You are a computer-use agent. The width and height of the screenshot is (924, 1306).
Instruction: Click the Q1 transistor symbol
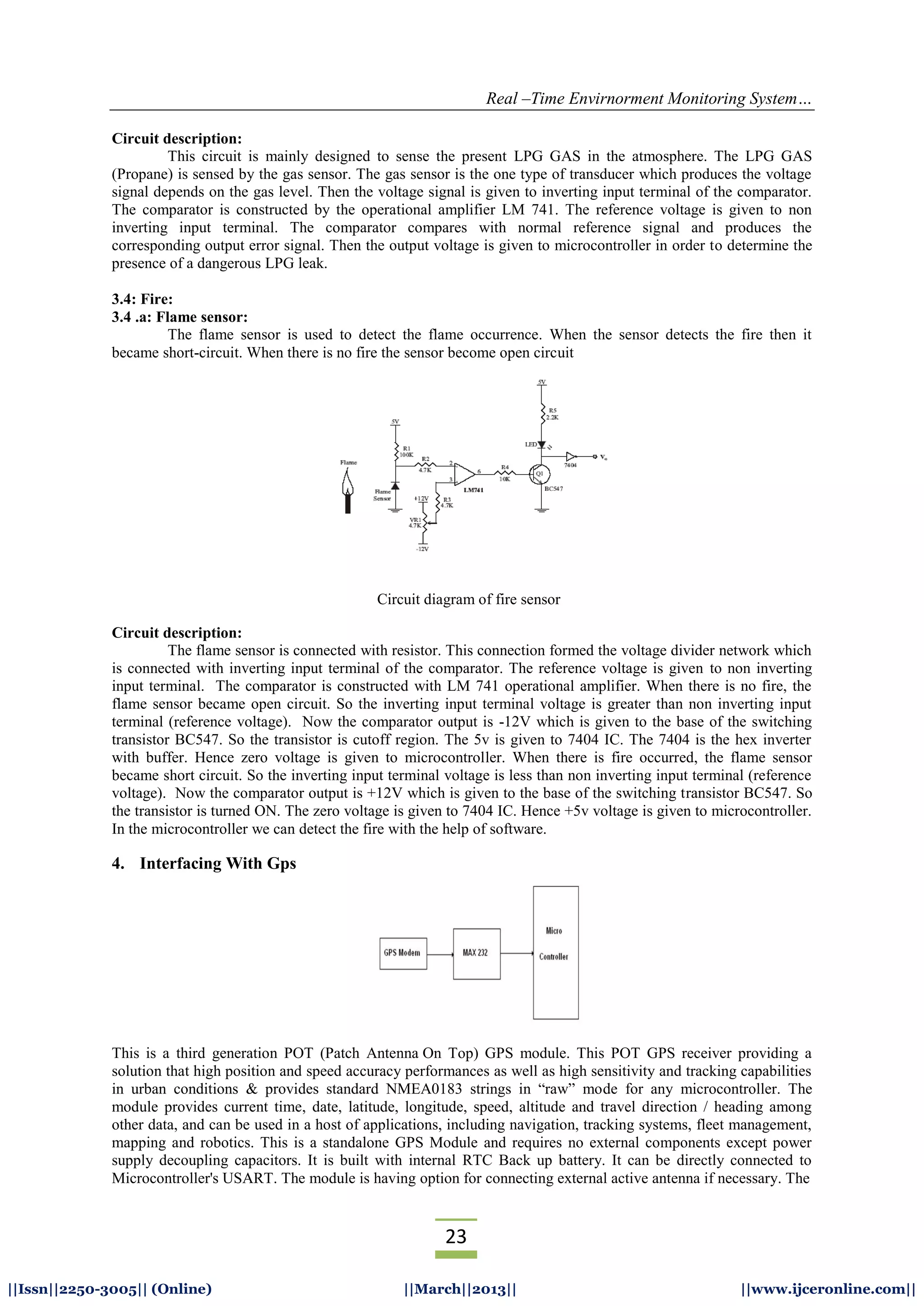pyautogui.click(x=538, y=473)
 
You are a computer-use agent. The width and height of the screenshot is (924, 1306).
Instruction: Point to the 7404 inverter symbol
pyautogui.click(x=571, y=456)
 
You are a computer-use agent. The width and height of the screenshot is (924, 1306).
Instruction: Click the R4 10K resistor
pyautogui.click(x=505, y=473)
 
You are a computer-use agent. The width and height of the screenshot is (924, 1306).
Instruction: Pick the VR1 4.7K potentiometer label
pyautogui.click(x=415, y=522)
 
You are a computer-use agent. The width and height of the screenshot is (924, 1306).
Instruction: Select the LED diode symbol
pyautogui.click(x=541, y=444)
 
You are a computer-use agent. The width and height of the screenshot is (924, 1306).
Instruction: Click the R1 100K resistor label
pyautogui.click(x=406, y=451)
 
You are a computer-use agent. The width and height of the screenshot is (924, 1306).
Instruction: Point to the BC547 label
pyautogui.click(x=554, y=489)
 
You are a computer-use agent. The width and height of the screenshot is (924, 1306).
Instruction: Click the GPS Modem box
pyautogui.click(x=403, y=953)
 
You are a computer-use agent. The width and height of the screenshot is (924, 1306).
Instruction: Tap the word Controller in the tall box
pyautogui.click(x=554, y=957)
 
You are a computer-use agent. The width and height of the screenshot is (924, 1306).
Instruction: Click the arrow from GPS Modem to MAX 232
pyautogui.click(x=440, y=954)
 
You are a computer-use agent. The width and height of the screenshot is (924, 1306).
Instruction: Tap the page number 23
pyautogui.click(x=456, y=1237)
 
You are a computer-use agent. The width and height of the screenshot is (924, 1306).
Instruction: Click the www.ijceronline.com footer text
pyautogui.click(x=828, y=1288)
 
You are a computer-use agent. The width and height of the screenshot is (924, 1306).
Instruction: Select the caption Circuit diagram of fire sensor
pyautogui.click(x=468, y=599)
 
